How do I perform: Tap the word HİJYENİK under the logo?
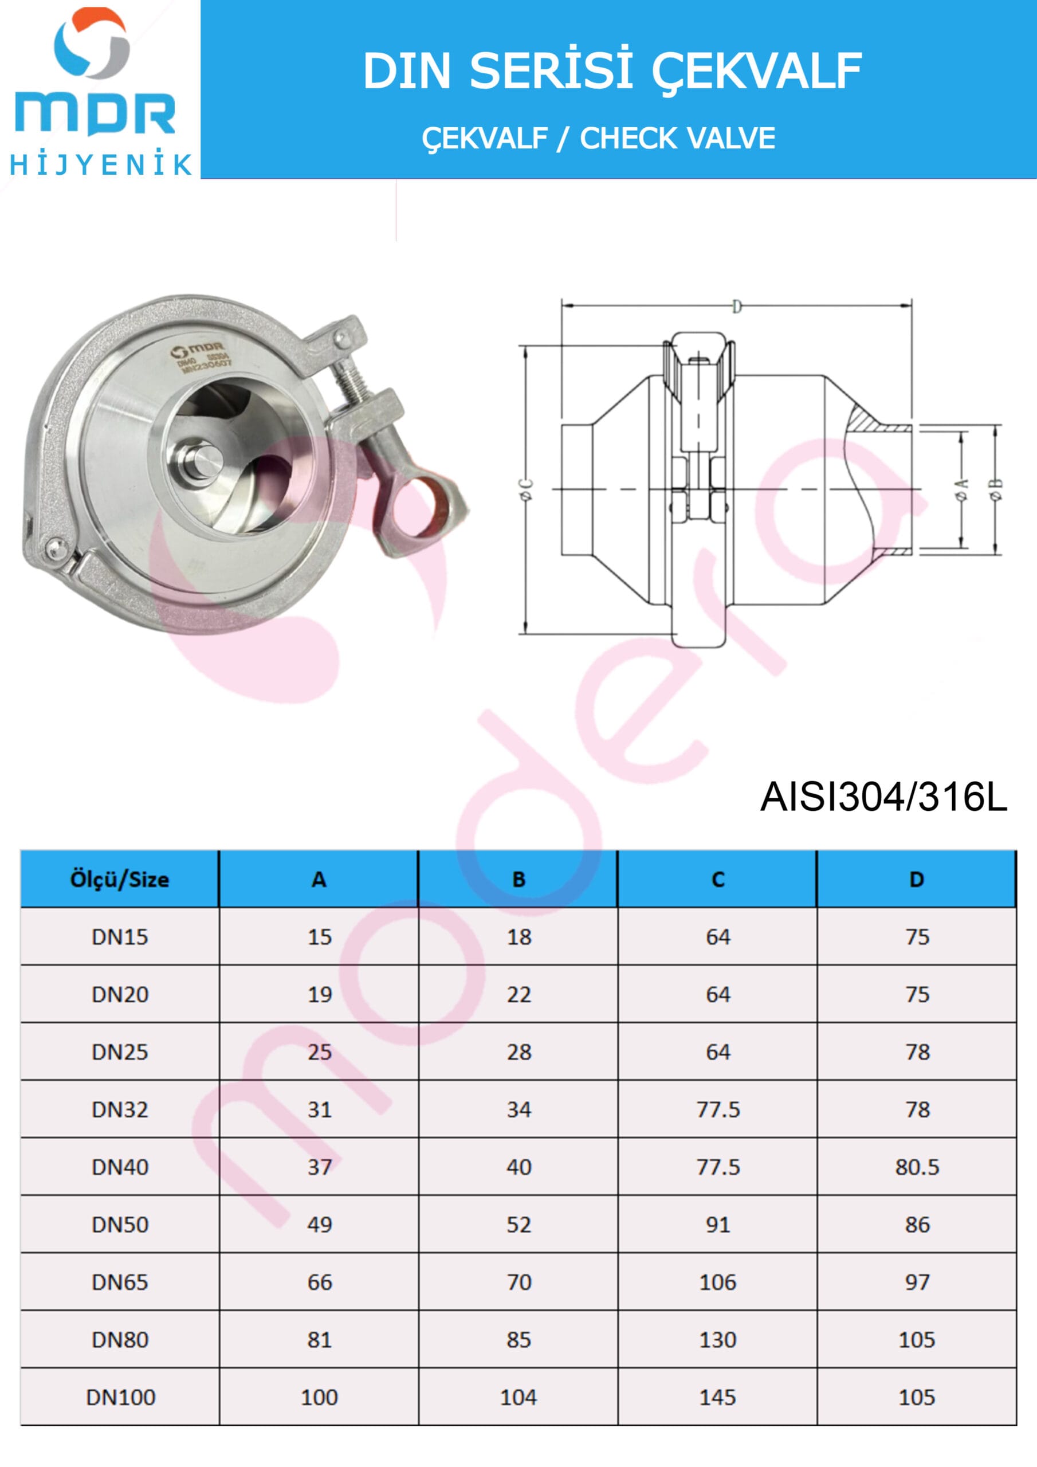[100, 165]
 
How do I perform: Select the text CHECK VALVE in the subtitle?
[677, 138]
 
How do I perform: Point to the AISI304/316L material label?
[883, 797]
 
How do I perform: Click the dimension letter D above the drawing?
[737, 307]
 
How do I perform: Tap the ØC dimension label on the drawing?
[528, 489]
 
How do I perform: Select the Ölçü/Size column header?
[120, 880]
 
